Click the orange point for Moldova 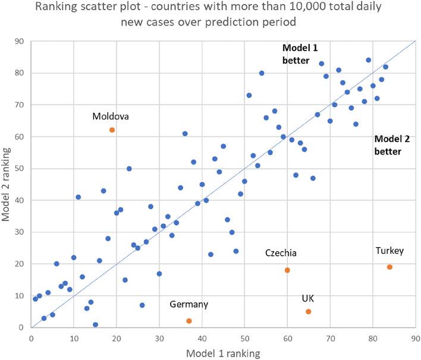tap(112, 130)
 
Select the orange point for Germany tap(188, 321)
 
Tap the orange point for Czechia tap(287, 270)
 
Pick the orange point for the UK tap(308, 311)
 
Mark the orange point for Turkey tap(389, 267)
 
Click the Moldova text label tap(111, 116)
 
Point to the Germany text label tap(189, 305)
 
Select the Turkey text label tap(389, 251)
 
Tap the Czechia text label tap(281, 254)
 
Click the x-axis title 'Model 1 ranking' tap(222, 353)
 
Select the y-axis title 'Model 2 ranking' tap(7, 185)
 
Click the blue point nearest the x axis tap(95, 324)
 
